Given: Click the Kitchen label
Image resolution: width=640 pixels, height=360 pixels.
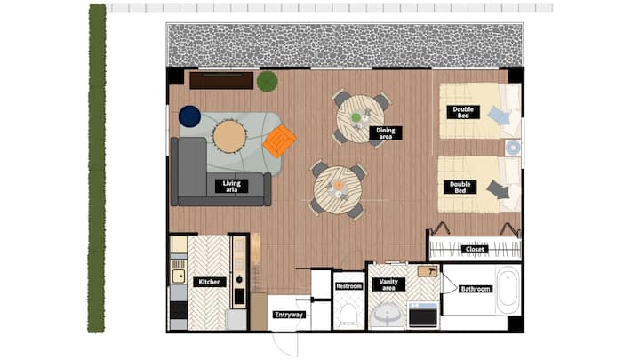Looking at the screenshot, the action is coord(210,282).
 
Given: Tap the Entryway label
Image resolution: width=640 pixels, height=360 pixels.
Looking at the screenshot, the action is coord(289,315).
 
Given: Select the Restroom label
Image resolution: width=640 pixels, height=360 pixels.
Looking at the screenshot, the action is coord(349,286).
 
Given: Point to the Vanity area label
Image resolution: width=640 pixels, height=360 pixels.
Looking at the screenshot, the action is coord(388,284).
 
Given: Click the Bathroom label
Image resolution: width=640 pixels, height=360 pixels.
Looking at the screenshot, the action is coord(475,289).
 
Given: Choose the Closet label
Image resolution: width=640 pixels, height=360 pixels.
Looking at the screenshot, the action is coord(475,249).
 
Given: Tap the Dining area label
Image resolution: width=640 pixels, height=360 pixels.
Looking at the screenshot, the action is coord(385,133).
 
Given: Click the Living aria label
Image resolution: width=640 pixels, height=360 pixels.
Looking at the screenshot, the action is coord(231,186).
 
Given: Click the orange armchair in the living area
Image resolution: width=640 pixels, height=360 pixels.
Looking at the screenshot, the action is coord(280,141).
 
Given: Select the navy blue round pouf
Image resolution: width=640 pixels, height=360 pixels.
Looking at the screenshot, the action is coord(190,116).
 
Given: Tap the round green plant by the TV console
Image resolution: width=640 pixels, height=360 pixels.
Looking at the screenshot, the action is coord(268,81).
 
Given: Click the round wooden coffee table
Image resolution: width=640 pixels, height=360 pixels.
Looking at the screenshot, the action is coord(230,136).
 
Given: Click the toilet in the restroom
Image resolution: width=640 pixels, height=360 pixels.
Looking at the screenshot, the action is coord(348,315).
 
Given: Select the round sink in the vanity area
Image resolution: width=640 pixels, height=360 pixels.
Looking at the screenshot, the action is coord(388,315).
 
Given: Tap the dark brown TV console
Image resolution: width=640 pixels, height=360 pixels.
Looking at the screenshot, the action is coord(221,80).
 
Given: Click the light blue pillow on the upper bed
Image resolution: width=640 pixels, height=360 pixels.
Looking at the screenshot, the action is coord(499,116).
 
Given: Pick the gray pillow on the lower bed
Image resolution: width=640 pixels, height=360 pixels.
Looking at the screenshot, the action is coord(498,190).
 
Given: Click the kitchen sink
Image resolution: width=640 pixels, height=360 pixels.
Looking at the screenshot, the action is coord(179,276).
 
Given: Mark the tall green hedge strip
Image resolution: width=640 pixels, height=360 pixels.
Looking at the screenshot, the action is coord(97,168).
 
